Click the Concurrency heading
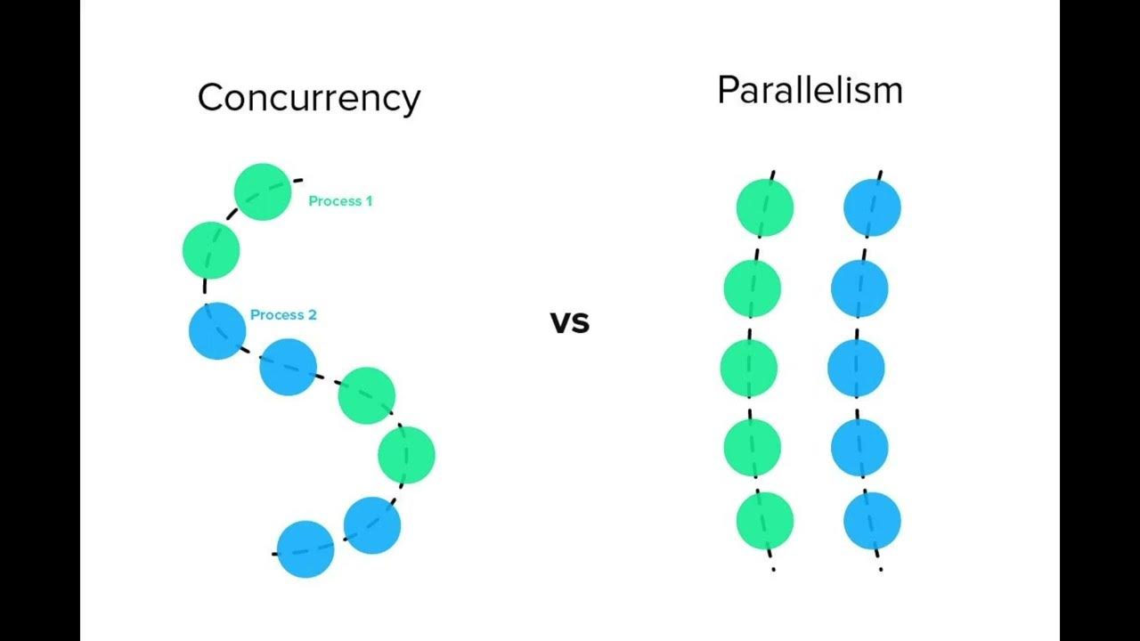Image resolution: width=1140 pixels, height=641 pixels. (x=308, y=97)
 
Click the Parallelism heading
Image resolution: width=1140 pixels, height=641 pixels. (x=810, y=90)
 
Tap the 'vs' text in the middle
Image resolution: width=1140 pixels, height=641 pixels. (x=570, y=321)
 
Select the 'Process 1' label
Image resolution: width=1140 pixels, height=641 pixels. (x=340, y=201)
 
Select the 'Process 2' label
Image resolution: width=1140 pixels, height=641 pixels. (x=283, y=315)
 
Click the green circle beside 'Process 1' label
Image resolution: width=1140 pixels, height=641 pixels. (x=263, y=191)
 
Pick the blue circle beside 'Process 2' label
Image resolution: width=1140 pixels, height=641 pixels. (x=217, y=330)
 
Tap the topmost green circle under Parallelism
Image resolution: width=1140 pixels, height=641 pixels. (x=764, y=207)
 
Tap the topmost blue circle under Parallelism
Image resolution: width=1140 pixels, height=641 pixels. (x=872, y=207)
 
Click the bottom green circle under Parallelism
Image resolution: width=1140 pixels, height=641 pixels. (x=764, y=521)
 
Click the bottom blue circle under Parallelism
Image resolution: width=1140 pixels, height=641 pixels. (x=872, y=521)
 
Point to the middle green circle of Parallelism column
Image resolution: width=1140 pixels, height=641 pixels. (x=749, y=368)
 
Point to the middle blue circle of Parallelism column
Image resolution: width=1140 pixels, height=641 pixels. (x=856, y=368)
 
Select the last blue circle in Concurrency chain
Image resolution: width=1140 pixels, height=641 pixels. (x=305, y=549)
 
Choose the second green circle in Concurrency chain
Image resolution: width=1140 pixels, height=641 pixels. (x=211, y=250)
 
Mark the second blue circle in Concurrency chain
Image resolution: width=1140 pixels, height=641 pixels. (x=289, y=366)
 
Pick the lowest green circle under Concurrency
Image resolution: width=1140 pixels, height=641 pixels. (x=406, y=455)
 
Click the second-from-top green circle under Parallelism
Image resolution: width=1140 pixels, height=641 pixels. (x=752, y=288)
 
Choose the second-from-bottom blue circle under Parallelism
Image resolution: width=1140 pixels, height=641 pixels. (x=859, y=447)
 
